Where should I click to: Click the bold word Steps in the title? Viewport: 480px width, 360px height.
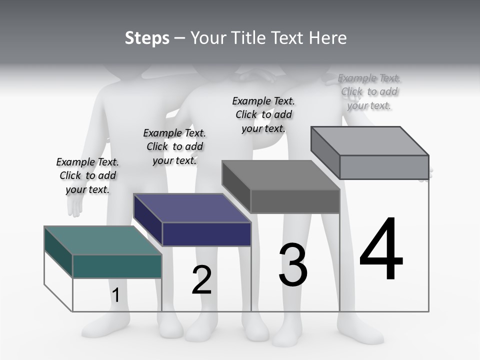[x=147, y=38]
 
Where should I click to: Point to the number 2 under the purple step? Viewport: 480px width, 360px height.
[x=201, y=280]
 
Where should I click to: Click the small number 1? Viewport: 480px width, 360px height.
[x=116, y=295]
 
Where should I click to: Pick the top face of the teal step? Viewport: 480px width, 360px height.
[x=102, y=240]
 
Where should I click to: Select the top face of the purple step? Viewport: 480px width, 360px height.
[x=192, y=208]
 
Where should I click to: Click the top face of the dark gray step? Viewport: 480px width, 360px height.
[x=280, y=175]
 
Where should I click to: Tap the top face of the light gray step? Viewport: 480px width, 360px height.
[x=369, y=141]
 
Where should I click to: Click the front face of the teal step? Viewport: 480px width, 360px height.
[x=117, y=266]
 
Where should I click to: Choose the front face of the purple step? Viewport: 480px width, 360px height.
[x=206, y=234]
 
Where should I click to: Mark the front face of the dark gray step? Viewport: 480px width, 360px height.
[x=295, y=201]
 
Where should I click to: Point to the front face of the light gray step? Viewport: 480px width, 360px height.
[x=384, y=167]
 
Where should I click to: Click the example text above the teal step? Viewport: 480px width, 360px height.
[x=87, y=175]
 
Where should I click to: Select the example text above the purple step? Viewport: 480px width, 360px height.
[x=174, y=146]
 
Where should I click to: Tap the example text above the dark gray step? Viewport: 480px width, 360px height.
[x=263, y=114]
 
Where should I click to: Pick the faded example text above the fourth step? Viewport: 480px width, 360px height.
[x=369, y=91]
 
